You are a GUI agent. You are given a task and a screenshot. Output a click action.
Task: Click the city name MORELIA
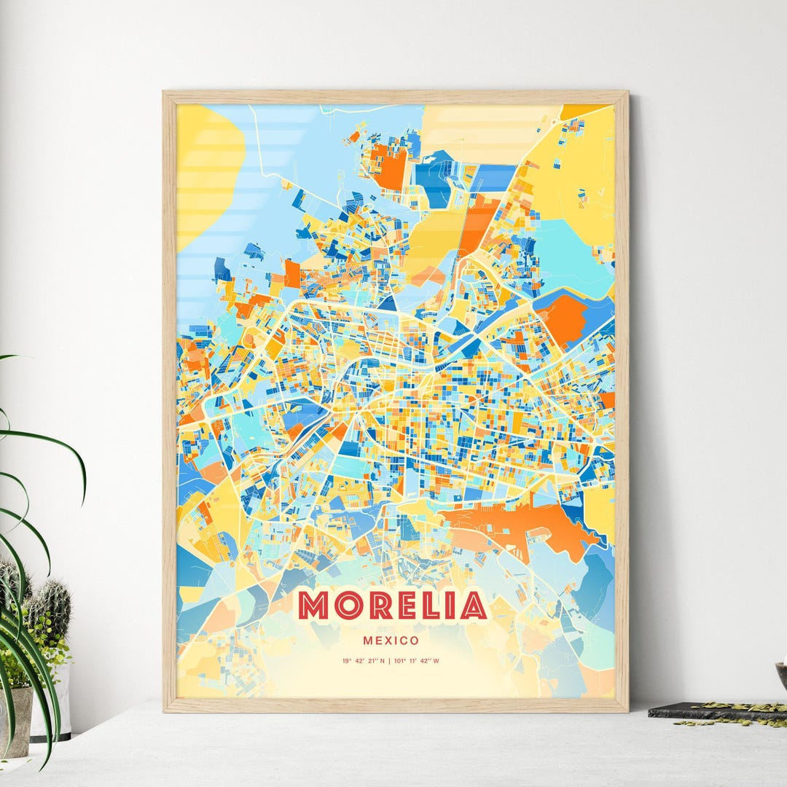(392, 606)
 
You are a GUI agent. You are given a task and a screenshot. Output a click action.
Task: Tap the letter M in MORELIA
(313, 606)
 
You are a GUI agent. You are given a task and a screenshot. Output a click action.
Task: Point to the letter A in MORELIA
(474, 606)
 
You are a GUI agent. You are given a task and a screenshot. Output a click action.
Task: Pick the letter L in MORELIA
(431, 606)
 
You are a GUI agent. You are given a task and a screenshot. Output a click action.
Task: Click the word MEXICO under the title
(392, 641)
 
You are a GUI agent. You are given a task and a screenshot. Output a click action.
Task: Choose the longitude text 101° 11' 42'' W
(418, 662)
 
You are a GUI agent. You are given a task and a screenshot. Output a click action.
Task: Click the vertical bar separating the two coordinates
(390, 662)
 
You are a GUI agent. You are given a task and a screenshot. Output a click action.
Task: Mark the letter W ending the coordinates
(436, 662)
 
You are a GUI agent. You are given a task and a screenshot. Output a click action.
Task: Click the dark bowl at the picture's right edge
(781, 674)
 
